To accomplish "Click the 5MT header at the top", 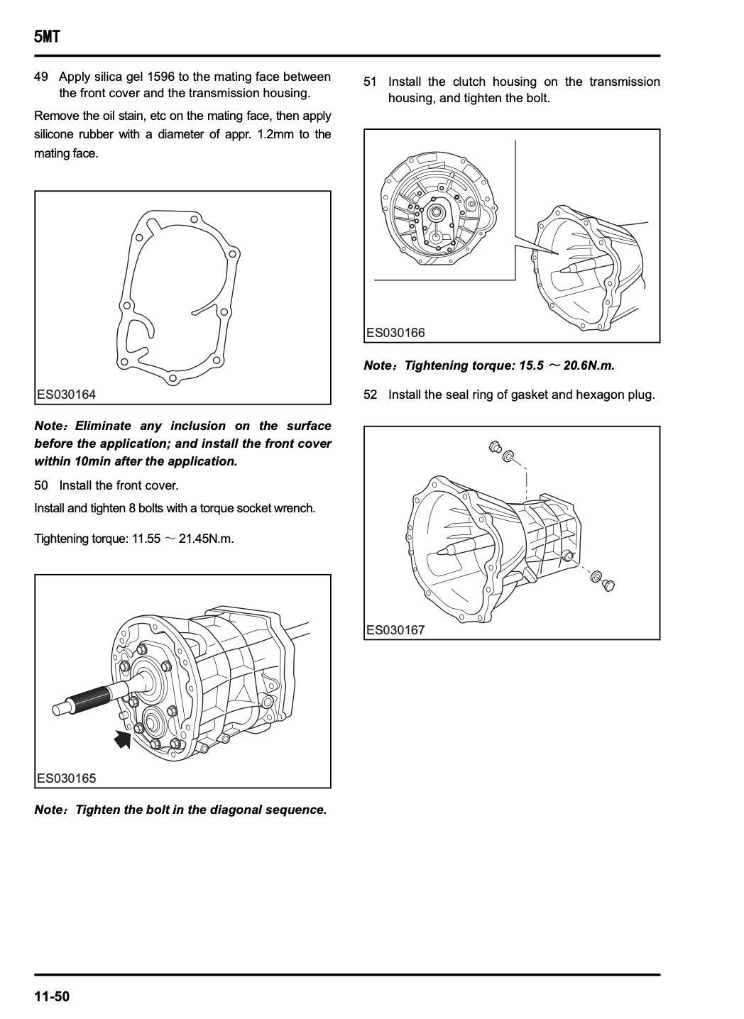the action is [x=47, y=36].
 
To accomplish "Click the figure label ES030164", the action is [x=67, y=394].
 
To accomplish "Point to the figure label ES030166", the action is [x=395, y=333].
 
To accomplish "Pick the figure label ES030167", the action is [x=395, y=630].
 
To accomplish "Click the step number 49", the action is [x=41, y=77].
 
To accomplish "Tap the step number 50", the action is [x=41, y=485].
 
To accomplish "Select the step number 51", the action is [x=370, y=82].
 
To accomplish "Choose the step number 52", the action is [x=371, y=395].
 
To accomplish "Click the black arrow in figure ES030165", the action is [x=123, y=739].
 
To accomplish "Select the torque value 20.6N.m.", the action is [x=589, y=365].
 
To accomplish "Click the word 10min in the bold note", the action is [x=93, y=461].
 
